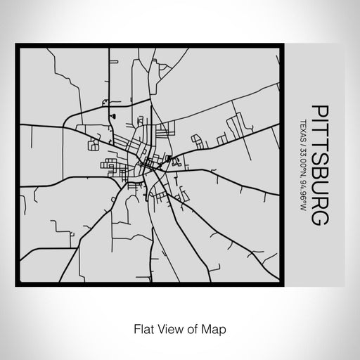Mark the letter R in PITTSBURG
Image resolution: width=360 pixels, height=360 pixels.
click(x=318, y=200)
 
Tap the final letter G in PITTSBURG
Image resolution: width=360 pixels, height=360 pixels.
click(x=318, y=216)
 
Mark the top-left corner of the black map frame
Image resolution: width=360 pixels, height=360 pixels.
click(x=17, y=44)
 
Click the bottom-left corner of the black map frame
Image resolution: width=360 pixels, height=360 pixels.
click(x=17, y=285)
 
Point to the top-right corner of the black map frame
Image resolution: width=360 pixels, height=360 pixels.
click(x=284, y=44)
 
